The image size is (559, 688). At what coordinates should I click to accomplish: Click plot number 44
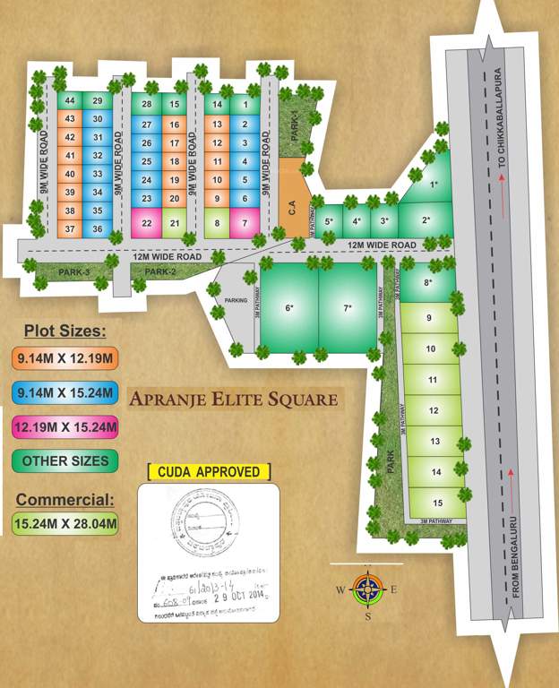(x=70, y=101)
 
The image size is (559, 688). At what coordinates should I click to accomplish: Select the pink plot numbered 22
(x=146, y=223)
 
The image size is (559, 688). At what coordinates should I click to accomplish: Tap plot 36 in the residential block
(x=97, y=229)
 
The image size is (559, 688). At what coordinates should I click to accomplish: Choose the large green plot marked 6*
(x=288, y=309)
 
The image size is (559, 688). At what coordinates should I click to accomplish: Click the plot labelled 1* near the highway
(x=434, y=185)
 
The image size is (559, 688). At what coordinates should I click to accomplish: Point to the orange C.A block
(x=292, y=207)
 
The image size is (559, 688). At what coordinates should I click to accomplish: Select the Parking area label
(x=236, y=301)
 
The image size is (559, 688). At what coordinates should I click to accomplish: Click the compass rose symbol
(x=367, y=589)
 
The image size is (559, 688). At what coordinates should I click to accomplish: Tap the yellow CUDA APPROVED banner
(x=209, y=472)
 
